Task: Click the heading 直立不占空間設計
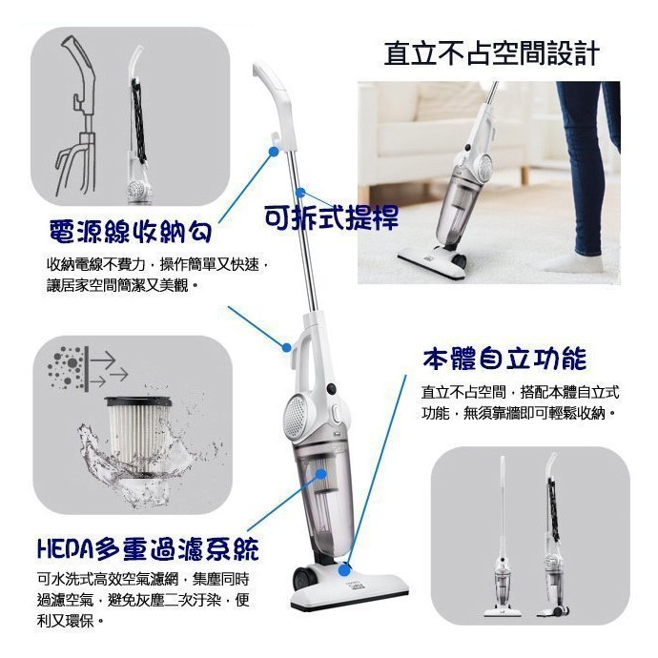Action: coord(491,53)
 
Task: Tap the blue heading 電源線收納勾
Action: coord(130,231)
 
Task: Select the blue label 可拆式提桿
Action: coord(332,216)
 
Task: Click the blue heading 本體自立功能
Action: coord(504,359)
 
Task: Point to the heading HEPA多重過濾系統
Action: coord(149,548)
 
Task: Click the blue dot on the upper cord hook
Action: coord(273,151)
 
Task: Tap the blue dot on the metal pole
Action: coord(300,193)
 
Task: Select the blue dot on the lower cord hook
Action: coord(287,347)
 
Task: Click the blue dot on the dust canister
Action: coord(321,474)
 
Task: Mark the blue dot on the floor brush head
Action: coord(344,570)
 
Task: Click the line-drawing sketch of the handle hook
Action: coord(77,115)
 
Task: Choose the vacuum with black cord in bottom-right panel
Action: coord(554,534)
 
